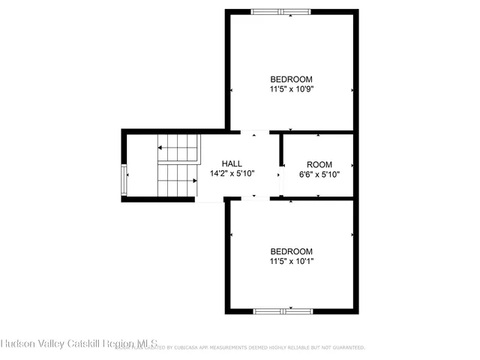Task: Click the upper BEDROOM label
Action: pos(291,79)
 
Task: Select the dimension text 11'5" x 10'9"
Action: pos(291,88)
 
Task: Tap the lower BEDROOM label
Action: pos(291,251)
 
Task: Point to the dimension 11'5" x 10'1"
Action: pos(291,261)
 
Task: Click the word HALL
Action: pos(232,163)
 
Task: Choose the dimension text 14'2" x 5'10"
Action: pos(232,173)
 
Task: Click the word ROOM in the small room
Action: pos(319,164)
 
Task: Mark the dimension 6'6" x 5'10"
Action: pos(319,174)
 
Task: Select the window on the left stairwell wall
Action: pos(124,178)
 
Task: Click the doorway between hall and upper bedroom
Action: pos(253,133)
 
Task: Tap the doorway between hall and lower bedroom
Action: pos(253,199)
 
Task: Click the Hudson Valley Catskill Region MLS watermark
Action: pos(79,344)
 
